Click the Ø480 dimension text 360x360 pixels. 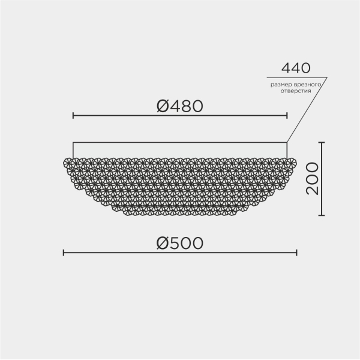pos(180,106)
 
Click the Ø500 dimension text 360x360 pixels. pos(180,244)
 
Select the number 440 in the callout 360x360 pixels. pos(296,68)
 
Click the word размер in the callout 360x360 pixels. pos(281,85)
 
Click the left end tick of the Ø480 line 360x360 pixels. pos(73,115)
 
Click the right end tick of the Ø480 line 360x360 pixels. pos(287,115)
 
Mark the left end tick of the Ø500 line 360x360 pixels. pos(64,253)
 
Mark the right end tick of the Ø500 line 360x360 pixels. pos(297,253)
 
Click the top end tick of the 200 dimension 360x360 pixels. pos(322,142)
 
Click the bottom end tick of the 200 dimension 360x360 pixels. pos(322,215)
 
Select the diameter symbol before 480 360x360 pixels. pos(163,106)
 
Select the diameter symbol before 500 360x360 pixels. pos(163,244)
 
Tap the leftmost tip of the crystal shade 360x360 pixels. pos(64,161)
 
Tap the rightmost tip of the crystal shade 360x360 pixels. pos(297,161)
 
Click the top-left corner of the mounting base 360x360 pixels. pos(73,143)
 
